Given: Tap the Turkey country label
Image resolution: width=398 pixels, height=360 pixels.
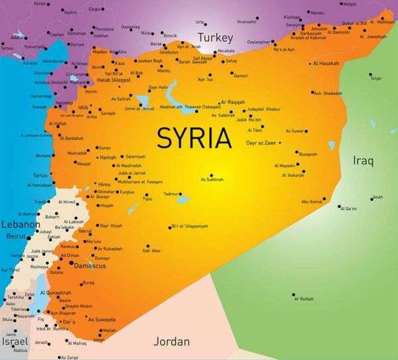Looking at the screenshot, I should [x=215, y=38].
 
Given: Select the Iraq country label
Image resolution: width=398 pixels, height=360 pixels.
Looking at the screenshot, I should [x=363, y=160].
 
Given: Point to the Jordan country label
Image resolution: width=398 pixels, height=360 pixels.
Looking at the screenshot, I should [x=172, y=341].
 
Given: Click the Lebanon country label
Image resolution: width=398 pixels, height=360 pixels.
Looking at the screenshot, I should [x=18, y=225].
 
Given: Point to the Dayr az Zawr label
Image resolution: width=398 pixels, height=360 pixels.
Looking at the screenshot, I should [x=260, y=143].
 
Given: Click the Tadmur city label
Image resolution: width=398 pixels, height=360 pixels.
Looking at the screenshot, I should [x=171, y=194].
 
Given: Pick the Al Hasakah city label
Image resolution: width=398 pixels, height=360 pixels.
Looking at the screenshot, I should [x=325, y=64].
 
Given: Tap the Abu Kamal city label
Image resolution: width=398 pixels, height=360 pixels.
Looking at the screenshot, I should [x=312, y=200].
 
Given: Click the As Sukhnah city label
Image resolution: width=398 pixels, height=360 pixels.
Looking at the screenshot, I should [x=212, y=179].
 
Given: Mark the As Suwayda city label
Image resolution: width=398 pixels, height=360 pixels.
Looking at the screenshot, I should [x=103, y=319].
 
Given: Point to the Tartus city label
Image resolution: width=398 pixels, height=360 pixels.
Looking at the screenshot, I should [x=40, y=175].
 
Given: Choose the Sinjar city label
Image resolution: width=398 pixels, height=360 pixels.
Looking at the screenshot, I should [x=376, y=78].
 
